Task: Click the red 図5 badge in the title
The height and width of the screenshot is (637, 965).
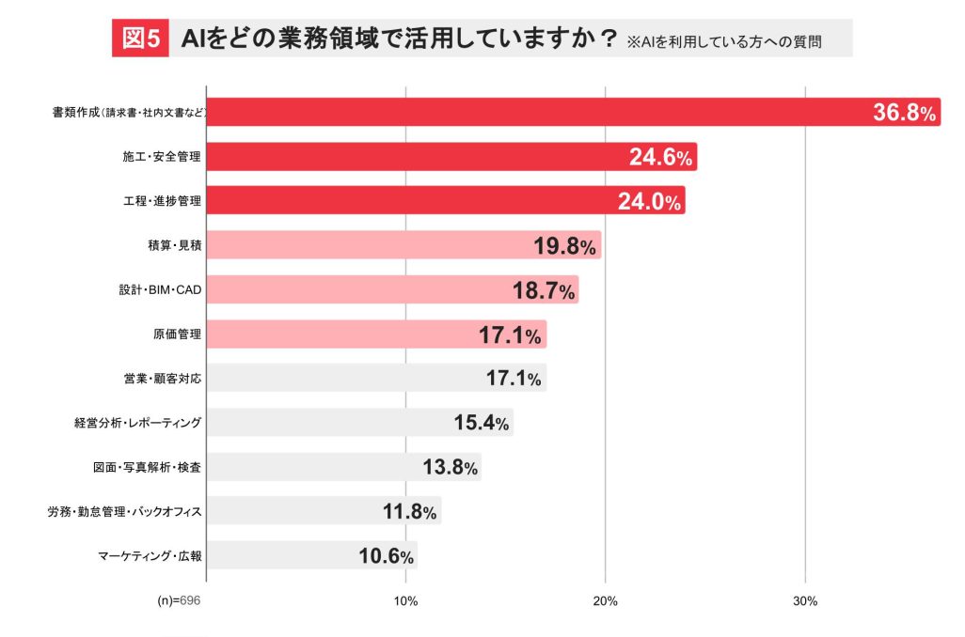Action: click(141, 39)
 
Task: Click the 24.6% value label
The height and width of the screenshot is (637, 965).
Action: click(660, 158)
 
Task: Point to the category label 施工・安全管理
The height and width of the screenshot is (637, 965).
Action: click(162, 158)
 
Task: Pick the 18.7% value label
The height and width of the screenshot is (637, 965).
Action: click(543, 290)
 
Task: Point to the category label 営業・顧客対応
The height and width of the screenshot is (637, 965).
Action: click(163, 379)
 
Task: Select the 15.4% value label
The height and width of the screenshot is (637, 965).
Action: click(481, 423)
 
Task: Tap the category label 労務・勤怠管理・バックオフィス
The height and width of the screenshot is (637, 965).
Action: click(125, 511)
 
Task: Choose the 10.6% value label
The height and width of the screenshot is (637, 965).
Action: click(386, 555)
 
